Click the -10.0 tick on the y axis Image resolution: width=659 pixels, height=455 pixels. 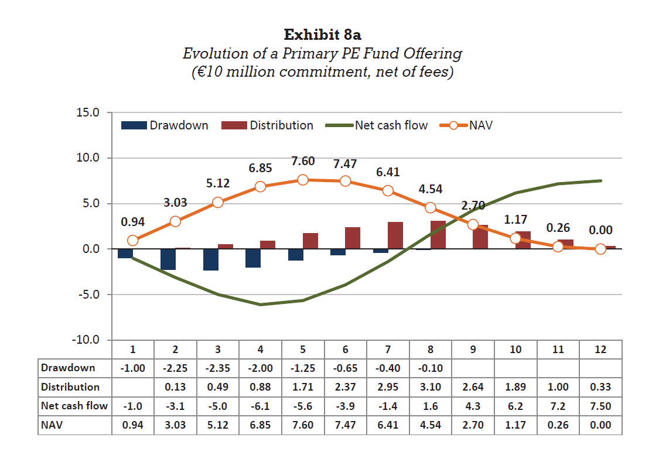click(86, 340)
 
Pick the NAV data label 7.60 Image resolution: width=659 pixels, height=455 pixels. click(303, 162)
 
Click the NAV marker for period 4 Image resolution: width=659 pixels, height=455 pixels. click(260, 187)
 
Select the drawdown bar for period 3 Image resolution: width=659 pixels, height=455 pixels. click(211, 259)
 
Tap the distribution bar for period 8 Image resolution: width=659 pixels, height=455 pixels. click(438, 235)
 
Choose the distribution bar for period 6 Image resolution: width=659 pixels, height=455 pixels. click(353, 238)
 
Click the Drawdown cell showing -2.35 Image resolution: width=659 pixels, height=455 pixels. click(217, 368)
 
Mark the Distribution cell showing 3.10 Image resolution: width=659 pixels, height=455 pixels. click(430, 387)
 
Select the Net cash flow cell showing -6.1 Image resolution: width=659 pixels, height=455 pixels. click(260, 406)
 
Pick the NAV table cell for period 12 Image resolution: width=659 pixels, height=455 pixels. click(600, 425)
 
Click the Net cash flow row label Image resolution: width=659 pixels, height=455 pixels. click(74, 406)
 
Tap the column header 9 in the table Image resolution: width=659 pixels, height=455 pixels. click(473, 350)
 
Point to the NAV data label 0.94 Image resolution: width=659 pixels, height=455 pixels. click(133, 222)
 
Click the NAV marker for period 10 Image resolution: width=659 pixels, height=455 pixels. click(515, 238)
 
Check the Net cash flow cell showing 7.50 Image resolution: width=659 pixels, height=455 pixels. click(600, 406)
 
